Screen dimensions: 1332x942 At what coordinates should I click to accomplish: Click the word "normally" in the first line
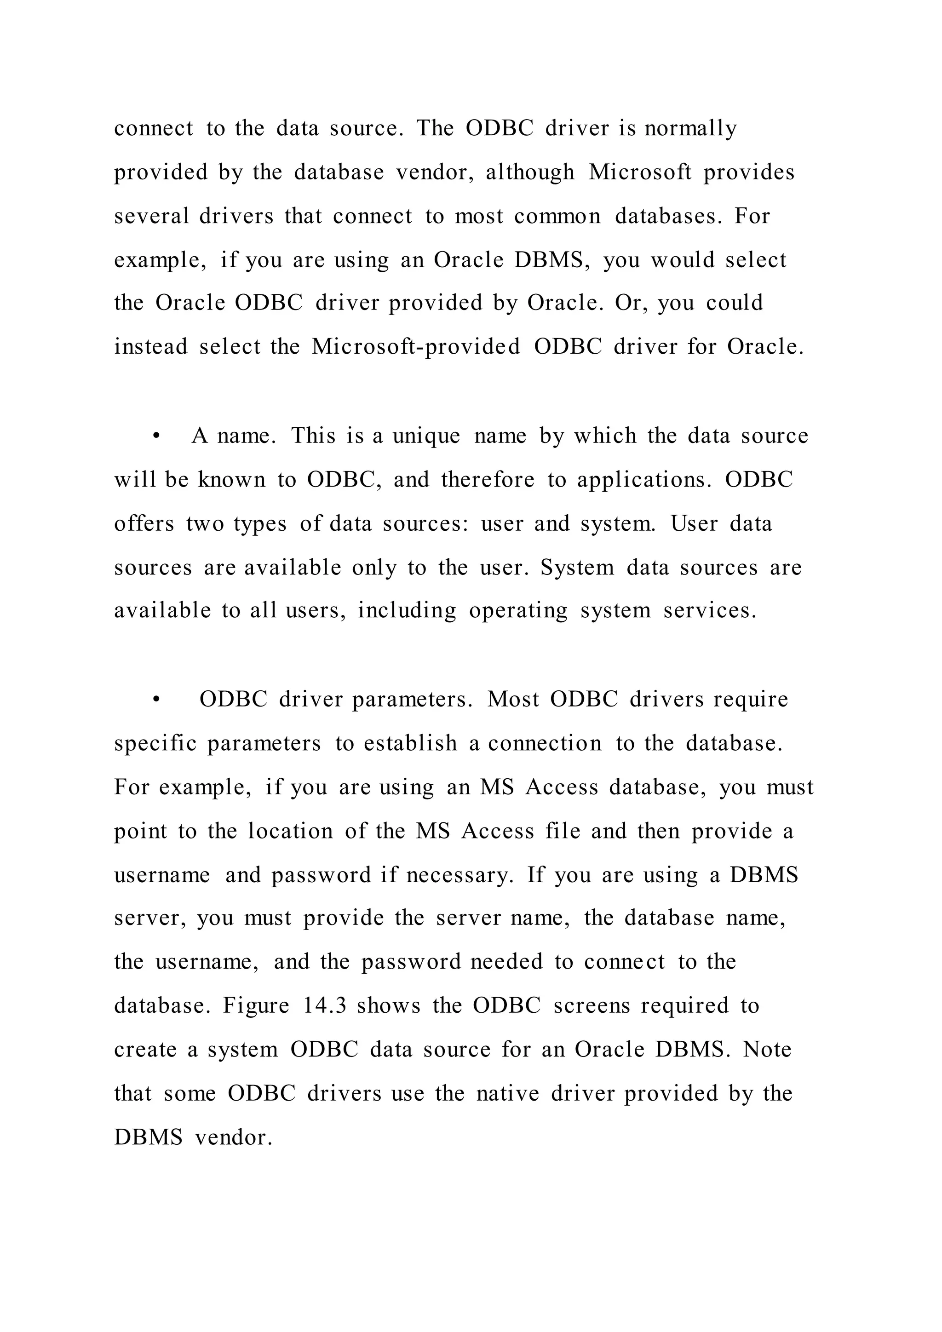coord(690,128)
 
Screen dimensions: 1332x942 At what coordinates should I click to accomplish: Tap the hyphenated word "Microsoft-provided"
coord(416,347)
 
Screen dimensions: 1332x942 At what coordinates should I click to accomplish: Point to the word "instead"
coord(151,347)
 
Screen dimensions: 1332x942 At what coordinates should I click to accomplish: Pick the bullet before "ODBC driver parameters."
coord(155,700)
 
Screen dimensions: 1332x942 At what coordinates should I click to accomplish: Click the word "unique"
coord(426,437)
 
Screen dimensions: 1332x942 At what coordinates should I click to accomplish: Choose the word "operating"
coord(518,611)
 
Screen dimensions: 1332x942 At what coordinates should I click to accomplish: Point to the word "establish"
coord(410,743)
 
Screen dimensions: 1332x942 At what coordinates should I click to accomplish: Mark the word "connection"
coord(545,743)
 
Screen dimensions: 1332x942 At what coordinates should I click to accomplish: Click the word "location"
coord(291,831)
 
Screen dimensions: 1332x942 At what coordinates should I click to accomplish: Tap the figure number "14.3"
coord(325,1005)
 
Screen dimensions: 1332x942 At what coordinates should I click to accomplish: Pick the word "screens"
coord(591,1005)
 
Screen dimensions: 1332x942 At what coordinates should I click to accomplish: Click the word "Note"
coord(767,1050)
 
